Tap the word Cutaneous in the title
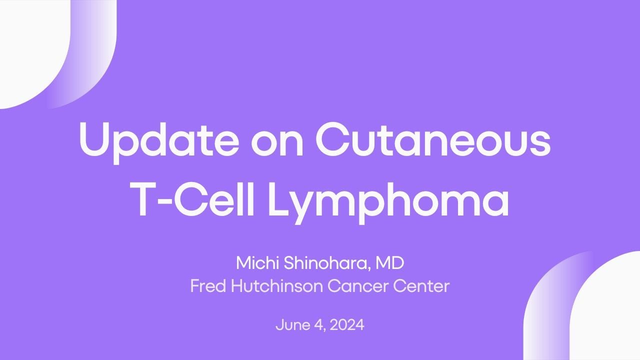tap(433, 138)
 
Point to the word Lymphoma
tap(388, 200)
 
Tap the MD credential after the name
tap(390, 263)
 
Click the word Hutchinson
tap(273, 286)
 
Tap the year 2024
tap(347, 325)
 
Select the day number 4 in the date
tap(318, 325)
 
